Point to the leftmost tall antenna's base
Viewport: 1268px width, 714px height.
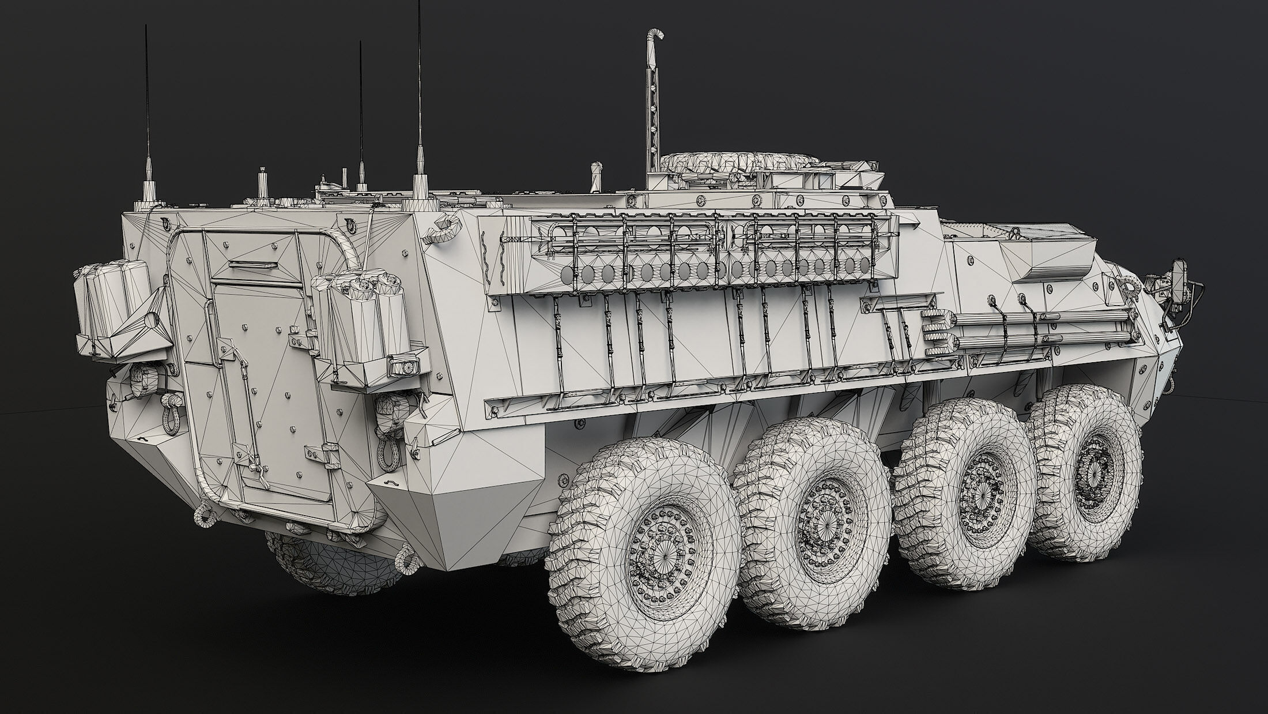click(x=149, y=190)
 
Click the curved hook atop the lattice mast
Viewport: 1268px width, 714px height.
click(x=655, y=36)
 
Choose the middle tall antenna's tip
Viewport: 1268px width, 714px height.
click(x=360, y=43)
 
